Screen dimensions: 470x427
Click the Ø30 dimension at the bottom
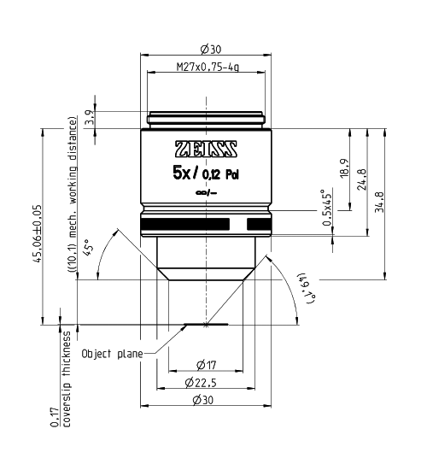tap(204, 400)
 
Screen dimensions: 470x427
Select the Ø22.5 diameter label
tap(205, 382)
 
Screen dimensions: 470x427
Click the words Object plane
tap(110, 353)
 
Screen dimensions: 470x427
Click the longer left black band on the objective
tap(187, 224)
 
